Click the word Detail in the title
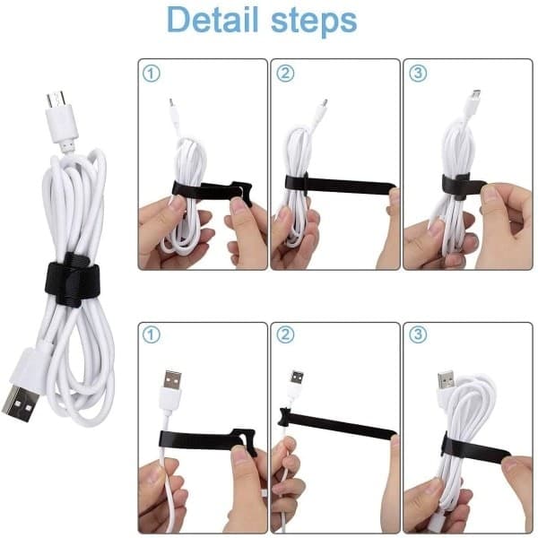(213, 19)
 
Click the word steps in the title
(314, 21)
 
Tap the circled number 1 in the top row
(151, 74)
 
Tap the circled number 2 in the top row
(285, 74)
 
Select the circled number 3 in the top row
(418, 73)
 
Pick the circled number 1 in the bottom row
(151, 334)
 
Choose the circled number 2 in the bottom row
(285, 334)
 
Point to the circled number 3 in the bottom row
(418, 334)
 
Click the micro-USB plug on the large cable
(61, 117)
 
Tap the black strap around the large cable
(72, 279)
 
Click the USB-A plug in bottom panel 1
(171, 390)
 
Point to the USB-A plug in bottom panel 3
(447, 383)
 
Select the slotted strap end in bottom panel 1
(244, 440)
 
